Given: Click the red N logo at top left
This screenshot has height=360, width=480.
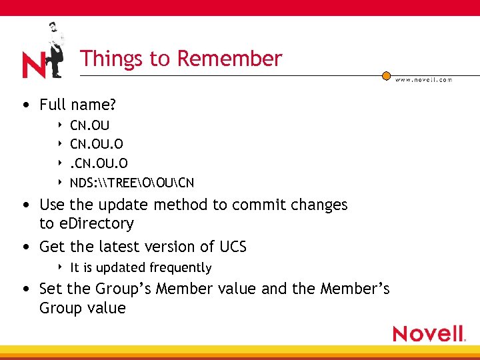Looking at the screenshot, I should coord(34,65).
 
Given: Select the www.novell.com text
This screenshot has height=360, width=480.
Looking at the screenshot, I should coord(423,79).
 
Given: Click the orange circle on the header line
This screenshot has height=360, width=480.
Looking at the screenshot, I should coord(386,76).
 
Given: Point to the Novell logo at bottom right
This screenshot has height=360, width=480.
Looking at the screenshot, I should coord(429,333).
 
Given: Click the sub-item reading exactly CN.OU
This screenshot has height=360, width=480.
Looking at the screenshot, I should coord(90,125).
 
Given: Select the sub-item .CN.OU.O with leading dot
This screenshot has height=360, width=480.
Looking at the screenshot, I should coord(99,163).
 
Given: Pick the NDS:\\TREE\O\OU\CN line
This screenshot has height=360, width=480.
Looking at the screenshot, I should coord(132,183).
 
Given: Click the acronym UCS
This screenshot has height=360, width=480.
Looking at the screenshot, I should coord(233,247).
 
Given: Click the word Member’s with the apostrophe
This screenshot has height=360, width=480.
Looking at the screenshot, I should coord(355,289).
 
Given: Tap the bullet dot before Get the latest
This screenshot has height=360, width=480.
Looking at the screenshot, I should coord(25,247).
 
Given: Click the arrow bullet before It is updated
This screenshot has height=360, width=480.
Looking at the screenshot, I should coord(60,267).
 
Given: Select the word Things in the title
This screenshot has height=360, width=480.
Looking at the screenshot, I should coord(103,59).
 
